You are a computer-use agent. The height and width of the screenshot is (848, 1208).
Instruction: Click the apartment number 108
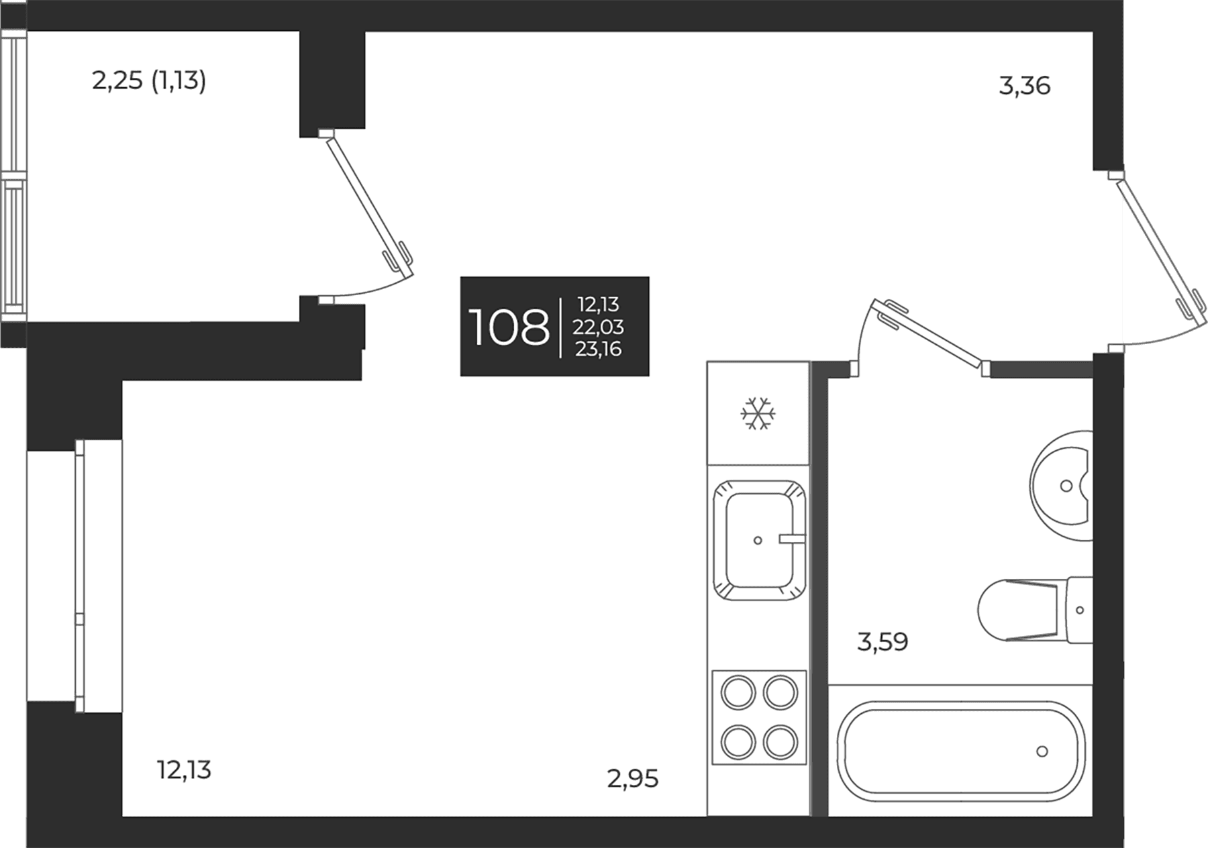click(x=509, y=327)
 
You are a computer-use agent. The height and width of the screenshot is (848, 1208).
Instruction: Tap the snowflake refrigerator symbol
click(x=758, y=413)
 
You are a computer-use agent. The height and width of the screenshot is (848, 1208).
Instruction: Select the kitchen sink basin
click(x=758, y=540)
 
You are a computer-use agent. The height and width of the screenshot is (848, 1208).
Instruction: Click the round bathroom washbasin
click(x=1061, y=485)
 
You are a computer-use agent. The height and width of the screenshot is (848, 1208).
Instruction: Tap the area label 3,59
click(x=883, y=642)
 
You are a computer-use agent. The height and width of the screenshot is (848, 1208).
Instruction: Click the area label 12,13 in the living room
click(x=184, y=770)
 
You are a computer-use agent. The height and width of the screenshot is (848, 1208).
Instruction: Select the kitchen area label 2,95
click(x=633, y=779)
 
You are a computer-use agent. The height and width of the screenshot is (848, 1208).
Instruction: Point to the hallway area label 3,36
click(x=1025, y=86)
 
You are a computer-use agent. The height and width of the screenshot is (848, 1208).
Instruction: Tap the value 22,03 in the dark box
click(x=598, y=327)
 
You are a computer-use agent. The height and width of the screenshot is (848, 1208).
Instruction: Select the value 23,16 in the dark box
click(x=598, y=349)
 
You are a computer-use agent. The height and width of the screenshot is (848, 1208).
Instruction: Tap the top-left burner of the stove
click(x=738, y=692)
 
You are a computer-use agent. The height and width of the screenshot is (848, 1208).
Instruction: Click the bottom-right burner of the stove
click(x=781, y=742)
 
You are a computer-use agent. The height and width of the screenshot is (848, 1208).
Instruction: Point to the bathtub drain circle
click(x=1042, y=751)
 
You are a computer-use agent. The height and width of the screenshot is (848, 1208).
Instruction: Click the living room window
click(x=75, y=576)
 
